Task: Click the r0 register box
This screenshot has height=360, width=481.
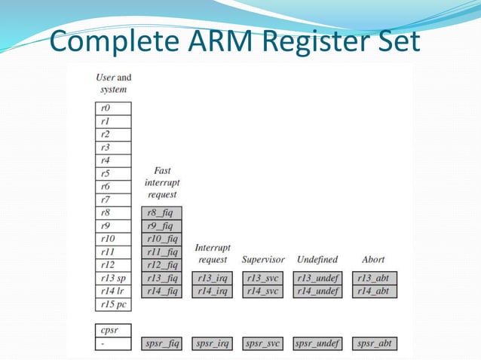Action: (113, 108)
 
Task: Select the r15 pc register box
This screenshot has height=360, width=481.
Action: (113, 305)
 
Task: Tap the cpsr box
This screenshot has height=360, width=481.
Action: (113, 331)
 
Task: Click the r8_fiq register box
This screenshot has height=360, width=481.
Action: (161, 213)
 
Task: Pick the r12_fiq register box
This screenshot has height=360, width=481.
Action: (161, 265)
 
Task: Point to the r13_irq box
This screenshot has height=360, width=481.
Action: (213, 279)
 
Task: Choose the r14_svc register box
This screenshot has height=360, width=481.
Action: (263, 291)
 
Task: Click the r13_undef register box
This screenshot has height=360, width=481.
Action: (317, 279)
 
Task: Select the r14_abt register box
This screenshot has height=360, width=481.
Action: (375, 291)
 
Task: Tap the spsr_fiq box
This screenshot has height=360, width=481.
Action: (161, 344)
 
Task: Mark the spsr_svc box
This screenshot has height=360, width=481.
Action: (263, 344)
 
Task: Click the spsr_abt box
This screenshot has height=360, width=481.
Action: (375, 344)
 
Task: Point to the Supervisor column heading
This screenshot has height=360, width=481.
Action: (263, 260)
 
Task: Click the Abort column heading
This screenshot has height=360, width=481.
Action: (374, 260)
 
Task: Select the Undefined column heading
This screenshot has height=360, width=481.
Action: (317, 260)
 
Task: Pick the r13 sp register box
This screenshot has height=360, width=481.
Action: (113, 279)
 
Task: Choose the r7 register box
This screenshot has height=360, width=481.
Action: (113, 200)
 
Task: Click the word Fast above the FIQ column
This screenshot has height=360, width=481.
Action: (161, 171)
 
